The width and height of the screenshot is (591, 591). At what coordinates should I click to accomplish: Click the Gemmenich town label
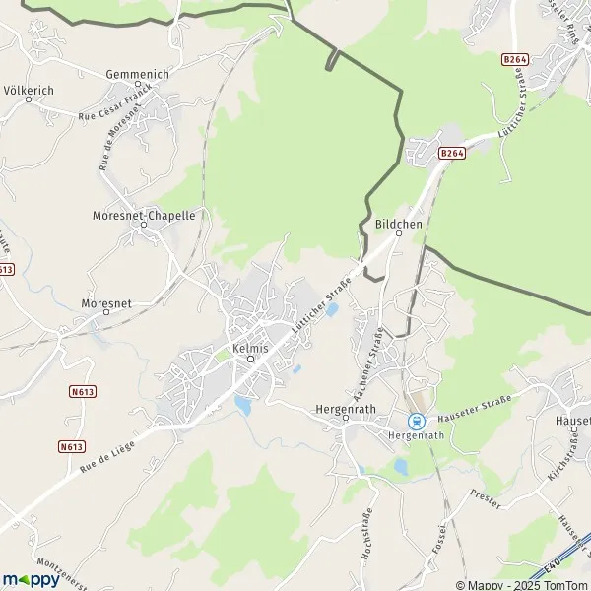coord(137,75)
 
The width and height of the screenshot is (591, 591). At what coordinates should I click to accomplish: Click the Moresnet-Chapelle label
coord(144,214)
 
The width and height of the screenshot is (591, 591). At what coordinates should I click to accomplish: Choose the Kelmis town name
coord(250,348)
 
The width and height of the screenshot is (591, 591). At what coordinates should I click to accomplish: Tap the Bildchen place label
coord(399,224)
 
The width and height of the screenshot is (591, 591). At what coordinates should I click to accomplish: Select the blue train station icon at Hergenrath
coord(416,420)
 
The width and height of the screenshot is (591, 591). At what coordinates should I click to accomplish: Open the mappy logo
coord(32,579)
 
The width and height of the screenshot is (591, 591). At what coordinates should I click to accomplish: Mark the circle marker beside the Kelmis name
coord(250,360)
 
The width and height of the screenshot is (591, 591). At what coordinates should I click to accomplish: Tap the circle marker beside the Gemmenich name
coord(137,87)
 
